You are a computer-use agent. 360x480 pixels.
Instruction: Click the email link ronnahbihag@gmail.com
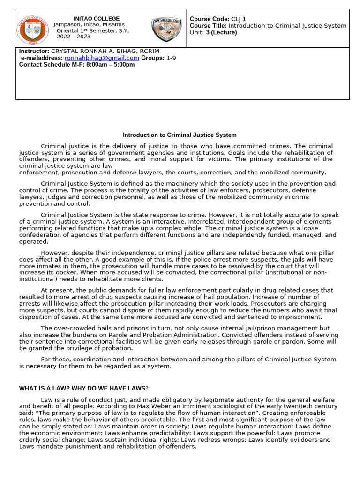click(x=102, y=58)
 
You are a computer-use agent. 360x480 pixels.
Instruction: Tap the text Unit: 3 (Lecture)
click(x=213, y=32)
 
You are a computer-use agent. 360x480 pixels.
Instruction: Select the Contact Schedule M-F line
click(x=76, y=65)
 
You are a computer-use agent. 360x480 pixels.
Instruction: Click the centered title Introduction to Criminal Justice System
click(x=180, y=135)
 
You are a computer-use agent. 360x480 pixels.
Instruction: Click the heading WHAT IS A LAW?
click(x=55, y=389)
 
